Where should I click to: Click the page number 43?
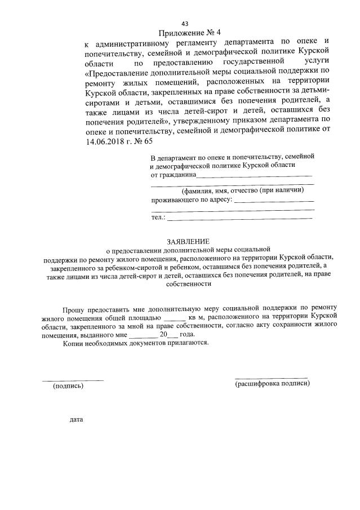[x=184, y=23]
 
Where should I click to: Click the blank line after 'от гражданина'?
[x=254, y=176]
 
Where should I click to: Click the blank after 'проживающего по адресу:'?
[x=274, y=201]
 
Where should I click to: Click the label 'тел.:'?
[x=158, y=217]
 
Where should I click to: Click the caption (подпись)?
[x=68, y=386]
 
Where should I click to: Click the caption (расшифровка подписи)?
[x=272, y=384]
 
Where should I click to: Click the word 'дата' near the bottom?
[x=76, y=420]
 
